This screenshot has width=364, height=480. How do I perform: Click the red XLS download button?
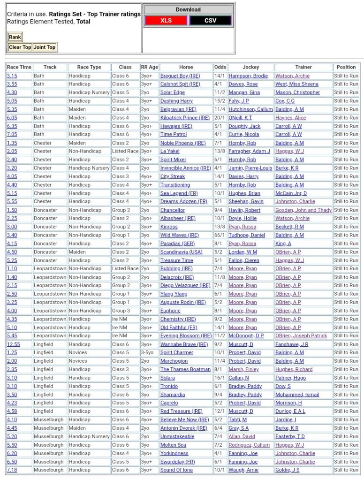point(166,21)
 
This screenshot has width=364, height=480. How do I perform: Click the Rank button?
point(15,37)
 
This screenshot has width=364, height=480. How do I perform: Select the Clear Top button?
point(20,47)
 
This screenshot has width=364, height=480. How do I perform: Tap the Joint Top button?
point(45,47)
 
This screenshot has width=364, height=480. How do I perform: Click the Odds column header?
point(220,67)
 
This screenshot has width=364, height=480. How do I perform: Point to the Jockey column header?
point(250,67)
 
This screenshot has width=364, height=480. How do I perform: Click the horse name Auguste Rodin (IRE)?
point(183,302)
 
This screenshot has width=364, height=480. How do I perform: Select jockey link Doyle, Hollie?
point(243,218)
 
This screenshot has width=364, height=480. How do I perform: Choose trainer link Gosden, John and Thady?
point(303,210)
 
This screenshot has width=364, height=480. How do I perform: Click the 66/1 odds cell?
point(220,235)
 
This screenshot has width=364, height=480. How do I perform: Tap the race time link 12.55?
point(13,344)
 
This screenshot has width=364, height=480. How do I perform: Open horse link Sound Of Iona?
point(176,470)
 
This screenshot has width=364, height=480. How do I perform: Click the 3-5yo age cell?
point(149,352)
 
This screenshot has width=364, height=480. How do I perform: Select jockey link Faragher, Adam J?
point(249,151)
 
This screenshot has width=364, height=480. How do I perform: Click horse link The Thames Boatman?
point(185,369)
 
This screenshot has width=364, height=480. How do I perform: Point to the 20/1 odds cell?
point(220,118)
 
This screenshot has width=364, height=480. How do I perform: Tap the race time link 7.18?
point(12,470)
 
